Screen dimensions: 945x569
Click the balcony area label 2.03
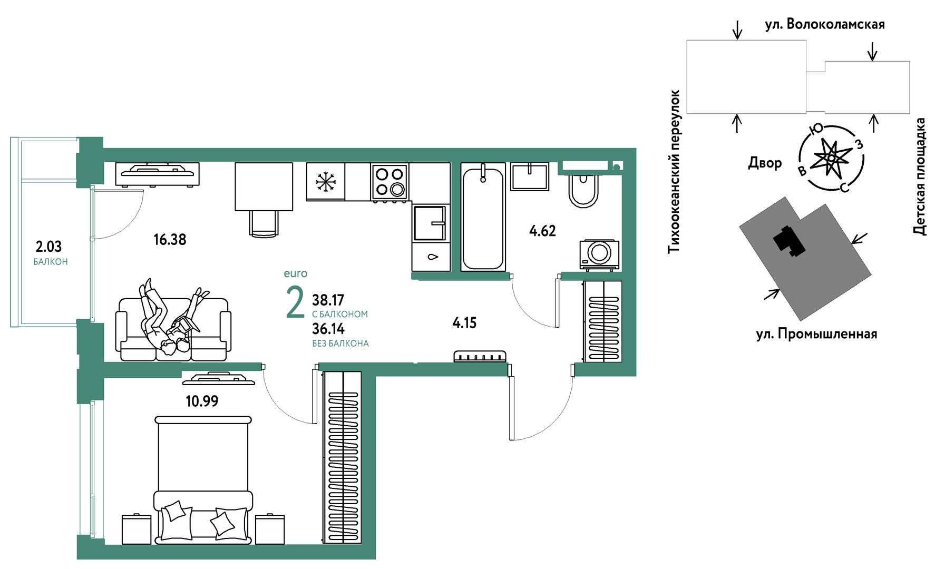pyautogui.click(x=48, y=246)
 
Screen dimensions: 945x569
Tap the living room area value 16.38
pyautogui.click(x=170, y=240)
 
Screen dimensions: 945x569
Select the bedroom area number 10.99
pyautogui.click(x=202, y=401)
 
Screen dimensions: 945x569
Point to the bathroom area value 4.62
pyautogui.click(x=542, y=231)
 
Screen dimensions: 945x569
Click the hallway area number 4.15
pyautogui.click(x=464, y=323)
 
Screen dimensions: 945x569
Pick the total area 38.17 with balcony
pyautogui.click(x=328, y=300)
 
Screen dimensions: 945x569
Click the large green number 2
pyautogui.click(x=295, y=302)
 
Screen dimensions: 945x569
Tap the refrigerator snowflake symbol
pyautogui.click(x=326, y=182)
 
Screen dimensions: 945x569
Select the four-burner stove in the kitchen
pyautogui.click(x=390, y=182)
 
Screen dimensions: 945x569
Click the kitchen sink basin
pyautogui.click(x=431, y=223)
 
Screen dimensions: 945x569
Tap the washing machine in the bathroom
pyautogui.click(x=599, y=254)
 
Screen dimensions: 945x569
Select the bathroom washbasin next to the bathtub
pyautogui.click(x=530, y=176)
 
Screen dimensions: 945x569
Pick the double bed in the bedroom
pyautogui.click(x=203, y=479)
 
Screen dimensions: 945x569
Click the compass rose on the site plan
pyautogui.click(x=831, y=158)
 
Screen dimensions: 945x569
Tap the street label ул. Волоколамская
pyautogui.click(x=825, y=24)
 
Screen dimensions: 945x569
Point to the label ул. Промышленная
pyautogui.click(x=816, y=334)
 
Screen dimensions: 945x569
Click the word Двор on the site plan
pyautogui.click(x=765, y=163)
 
